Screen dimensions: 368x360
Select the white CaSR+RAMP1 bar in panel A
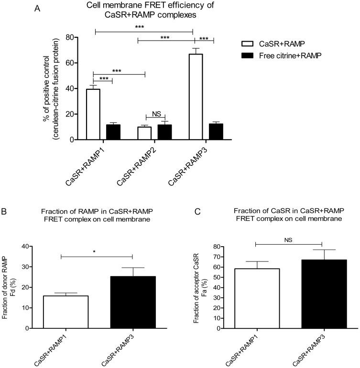93,114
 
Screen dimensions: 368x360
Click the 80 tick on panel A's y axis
72,37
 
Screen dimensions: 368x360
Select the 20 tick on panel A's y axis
72,114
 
